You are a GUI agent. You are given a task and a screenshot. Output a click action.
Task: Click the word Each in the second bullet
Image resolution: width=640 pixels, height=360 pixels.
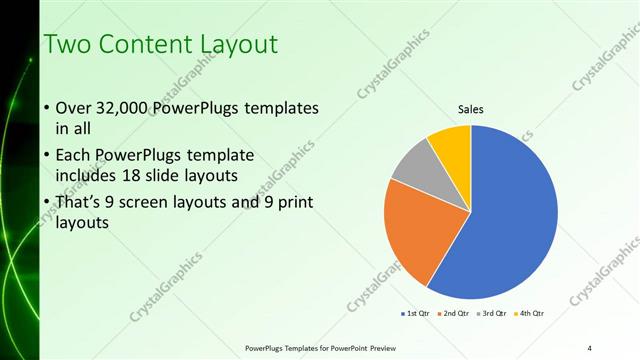75,155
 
